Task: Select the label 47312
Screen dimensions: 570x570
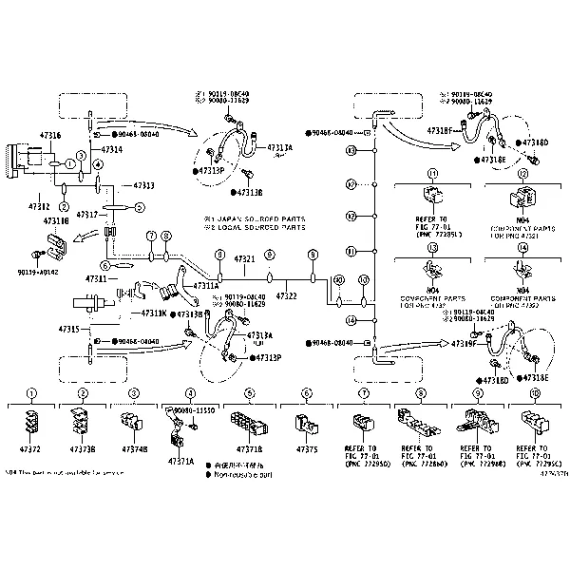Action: point(39,206)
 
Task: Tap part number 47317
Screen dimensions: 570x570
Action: point(88,215)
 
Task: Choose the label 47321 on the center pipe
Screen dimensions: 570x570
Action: point(245,258)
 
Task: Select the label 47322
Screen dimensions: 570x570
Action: point(286,296)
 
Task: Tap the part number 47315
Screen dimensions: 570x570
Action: point(69,328)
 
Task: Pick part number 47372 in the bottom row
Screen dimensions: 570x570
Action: point(33,447)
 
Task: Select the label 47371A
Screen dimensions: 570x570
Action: point(180,461)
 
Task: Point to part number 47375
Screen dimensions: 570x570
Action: point(306,447)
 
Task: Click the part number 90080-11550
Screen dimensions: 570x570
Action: point(194,408)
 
